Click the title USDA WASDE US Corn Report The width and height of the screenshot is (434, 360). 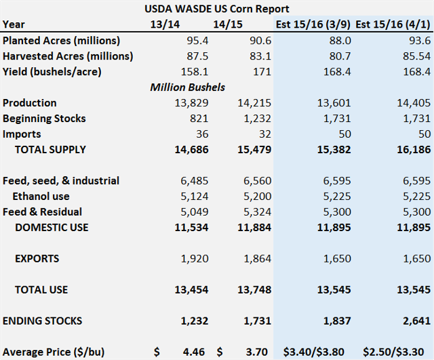[x=217, y=9]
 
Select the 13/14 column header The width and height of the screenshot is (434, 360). [x=165, y=24]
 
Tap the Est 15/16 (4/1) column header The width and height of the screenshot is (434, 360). [x=393, y=24]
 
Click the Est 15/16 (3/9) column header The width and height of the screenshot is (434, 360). [x=313, y=24]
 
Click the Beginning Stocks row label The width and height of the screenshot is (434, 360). [x=44, y=119]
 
